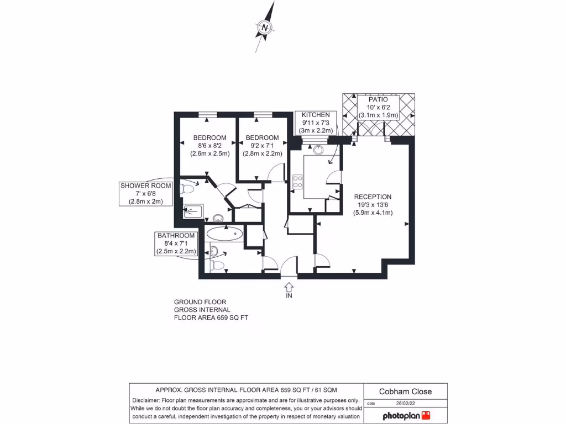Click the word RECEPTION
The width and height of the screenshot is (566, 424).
373,197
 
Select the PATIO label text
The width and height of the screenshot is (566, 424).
378,99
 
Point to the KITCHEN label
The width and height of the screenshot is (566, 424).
316,114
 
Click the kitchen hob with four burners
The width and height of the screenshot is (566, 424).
297,182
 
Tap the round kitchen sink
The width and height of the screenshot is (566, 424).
318,150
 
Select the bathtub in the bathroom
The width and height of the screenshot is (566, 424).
224,234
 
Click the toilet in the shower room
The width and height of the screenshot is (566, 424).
187,189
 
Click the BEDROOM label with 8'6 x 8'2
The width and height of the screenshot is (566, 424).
209,137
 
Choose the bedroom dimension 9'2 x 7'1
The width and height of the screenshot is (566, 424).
262,146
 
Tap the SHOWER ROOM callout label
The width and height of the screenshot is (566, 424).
146,185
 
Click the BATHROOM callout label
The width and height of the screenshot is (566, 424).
176,236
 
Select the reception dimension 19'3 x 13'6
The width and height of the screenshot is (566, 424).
373,205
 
